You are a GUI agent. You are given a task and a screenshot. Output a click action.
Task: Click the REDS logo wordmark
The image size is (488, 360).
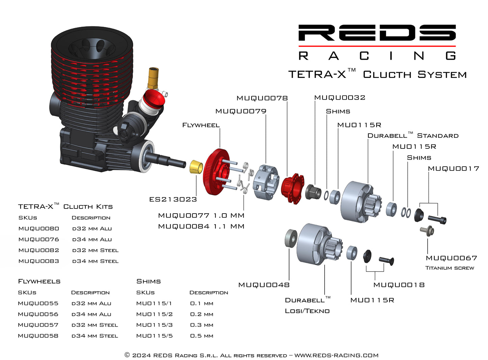377,33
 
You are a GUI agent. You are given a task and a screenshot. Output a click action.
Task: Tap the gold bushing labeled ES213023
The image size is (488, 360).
196,167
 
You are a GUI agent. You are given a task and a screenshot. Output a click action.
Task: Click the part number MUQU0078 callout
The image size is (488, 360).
262,98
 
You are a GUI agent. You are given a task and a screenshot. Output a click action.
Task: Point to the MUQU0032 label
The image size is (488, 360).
340,98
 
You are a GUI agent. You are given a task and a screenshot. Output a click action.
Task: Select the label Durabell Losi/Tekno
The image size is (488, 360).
307,305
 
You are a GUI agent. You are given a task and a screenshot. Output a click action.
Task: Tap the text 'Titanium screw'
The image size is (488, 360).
450,268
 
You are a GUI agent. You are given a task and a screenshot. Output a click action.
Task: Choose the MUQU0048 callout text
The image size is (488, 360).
264,285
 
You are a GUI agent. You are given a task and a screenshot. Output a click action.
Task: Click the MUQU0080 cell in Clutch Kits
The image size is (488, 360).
39,228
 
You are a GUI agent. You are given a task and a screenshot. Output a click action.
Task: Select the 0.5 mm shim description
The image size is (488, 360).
202,336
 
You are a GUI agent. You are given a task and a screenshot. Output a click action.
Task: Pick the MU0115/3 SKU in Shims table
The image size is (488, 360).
154,325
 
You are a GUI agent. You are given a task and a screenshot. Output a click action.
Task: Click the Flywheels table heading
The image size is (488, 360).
39,281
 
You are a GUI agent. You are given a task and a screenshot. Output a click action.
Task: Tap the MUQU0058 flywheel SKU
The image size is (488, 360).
38,336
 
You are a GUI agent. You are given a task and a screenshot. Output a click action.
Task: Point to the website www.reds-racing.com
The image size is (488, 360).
336,355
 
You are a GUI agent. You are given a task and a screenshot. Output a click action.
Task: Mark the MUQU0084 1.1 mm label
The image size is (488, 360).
201,226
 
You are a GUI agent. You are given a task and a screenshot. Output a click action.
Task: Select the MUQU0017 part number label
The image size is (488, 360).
453,168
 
